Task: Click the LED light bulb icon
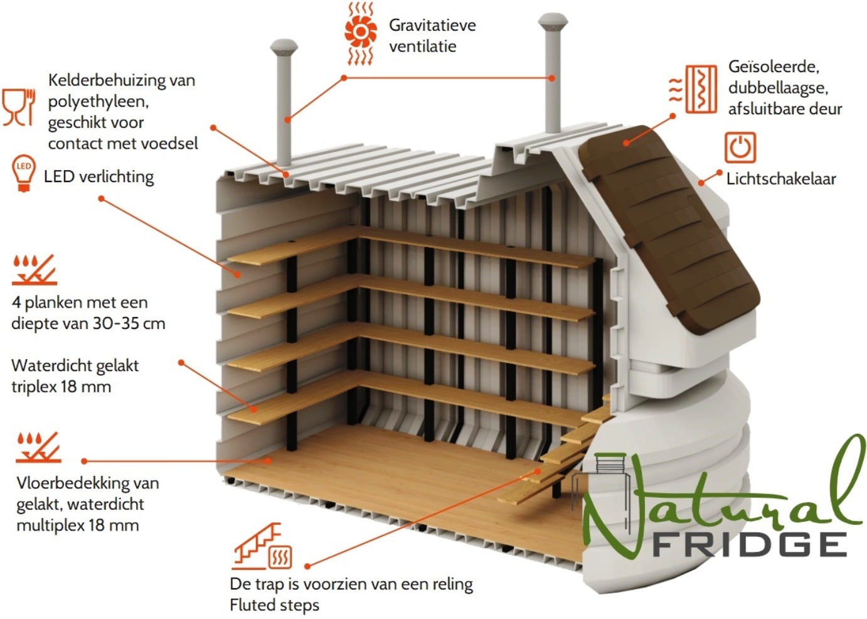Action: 24,173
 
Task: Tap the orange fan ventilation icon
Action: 360,33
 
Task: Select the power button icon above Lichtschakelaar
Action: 740,148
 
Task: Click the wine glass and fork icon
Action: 19,107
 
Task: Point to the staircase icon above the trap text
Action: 262,546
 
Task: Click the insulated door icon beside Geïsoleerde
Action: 693,89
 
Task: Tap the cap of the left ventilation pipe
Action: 284,47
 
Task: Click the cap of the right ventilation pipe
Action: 553,21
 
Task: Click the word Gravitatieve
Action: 432,25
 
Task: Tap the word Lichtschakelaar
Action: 781,178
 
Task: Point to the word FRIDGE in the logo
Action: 749,544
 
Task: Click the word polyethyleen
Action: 98,102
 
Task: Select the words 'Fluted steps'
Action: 274,605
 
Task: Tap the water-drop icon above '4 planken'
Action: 35,270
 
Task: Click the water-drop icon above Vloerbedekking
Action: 38,448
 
